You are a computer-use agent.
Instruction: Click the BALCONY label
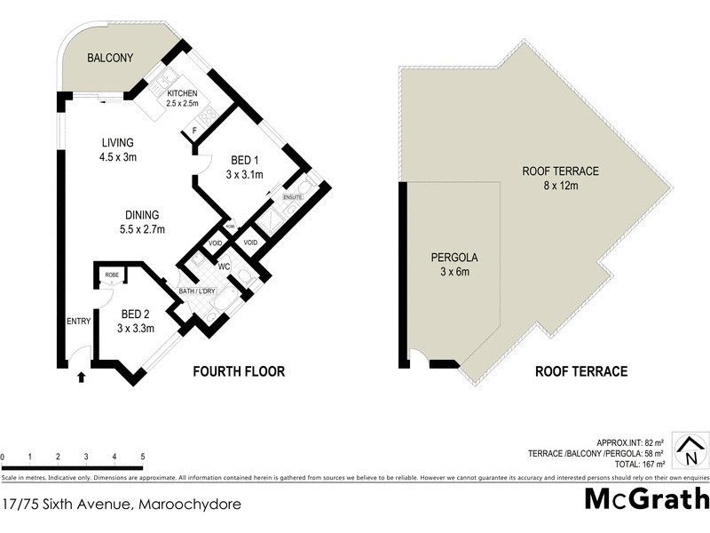110,59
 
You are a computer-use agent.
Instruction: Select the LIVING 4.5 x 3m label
117,149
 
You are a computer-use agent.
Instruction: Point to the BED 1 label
244,168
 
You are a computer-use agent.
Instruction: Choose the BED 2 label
138,321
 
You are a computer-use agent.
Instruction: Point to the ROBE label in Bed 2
112,275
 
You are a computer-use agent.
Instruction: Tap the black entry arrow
82,377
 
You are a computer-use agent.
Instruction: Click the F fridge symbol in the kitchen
195,133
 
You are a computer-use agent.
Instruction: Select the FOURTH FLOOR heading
239,371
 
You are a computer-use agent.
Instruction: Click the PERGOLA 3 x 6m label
454,264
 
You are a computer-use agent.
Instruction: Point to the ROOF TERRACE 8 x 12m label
561,179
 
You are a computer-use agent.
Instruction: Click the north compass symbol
690,450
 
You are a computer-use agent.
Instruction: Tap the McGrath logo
647,498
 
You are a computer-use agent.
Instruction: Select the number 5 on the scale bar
143,457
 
